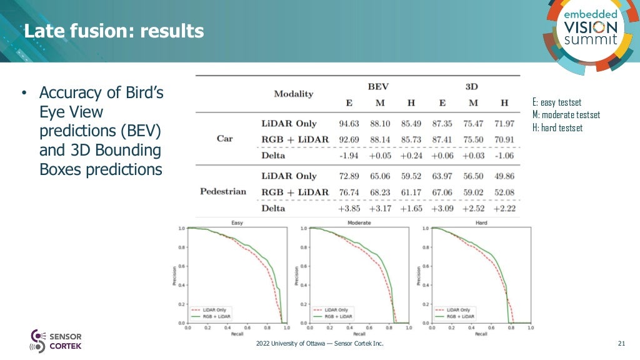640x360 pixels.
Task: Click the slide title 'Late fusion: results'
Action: (x=114, y=31)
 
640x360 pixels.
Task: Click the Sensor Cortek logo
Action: (x=56, y=341)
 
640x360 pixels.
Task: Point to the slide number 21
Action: (x=621, y=344)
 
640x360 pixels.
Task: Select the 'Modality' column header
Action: (x=293, y=94)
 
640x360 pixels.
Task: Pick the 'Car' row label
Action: (x=224, y=138)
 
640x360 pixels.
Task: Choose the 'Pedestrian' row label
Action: (x=223, y=191)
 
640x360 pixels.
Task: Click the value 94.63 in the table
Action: (x=349, y=124)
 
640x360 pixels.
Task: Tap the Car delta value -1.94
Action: (x=349, y=155)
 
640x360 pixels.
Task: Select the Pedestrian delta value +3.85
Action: (x=349, y=208)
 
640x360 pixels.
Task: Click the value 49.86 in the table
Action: (x=504, y=176)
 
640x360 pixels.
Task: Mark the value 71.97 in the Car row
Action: (x=504, y=124)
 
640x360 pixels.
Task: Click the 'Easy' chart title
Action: (x=237, y=222)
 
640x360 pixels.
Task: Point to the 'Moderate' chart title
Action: (x=359, y=222)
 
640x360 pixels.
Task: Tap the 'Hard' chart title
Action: (x=481, y=222)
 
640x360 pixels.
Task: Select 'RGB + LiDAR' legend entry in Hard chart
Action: (x=461, y=317)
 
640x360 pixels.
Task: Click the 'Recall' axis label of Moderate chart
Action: (x=359, y=334)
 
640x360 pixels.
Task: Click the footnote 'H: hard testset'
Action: (x=557, y=128)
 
